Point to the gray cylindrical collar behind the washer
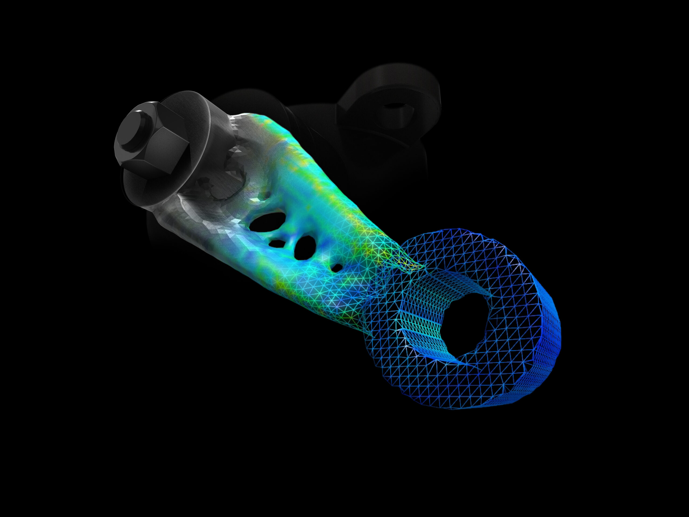[218, 125]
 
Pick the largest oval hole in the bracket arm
[268, 222]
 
